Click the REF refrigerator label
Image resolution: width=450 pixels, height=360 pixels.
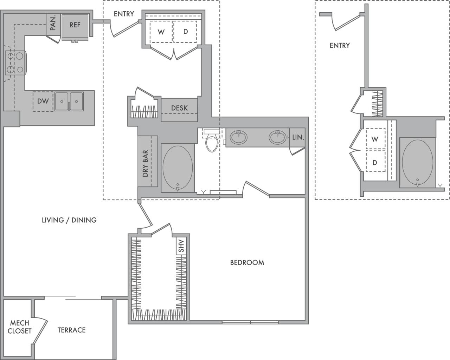click(x=75, y=25)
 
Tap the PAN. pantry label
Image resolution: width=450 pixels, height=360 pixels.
click(x=53, y=23)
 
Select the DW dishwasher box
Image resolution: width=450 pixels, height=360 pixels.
click(x=43, y=102)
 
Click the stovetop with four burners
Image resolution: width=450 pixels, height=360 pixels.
click(x=15, y=63)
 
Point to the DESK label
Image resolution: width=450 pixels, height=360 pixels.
click(x=179, y=108)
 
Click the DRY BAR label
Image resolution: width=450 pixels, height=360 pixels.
click(x=145, y=163)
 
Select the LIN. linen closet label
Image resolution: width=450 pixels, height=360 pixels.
click(x=298, y=137)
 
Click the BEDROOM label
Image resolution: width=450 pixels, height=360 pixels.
click(x=247, y=262)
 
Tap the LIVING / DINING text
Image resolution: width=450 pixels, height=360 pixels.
click(x=69, y=220)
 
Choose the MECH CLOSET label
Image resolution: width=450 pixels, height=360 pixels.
click(x=20, y=327)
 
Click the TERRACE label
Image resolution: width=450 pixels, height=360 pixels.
click(x=71, y=330)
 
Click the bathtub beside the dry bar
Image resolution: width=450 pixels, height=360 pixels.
click(x=178, y=168)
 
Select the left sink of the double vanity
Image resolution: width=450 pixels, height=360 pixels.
click(x=239, y=137)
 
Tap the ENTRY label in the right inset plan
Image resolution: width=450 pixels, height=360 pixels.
click(x=340, y=45)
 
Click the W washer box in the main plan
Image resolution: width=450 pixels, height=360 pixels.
click(x=161, y=32)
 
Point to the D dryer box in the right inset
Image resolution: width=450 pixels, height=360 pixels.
click(x=375, y=163)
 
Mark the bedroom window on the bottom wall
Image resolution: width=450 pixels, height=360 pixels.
click(x=250, y=322)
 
